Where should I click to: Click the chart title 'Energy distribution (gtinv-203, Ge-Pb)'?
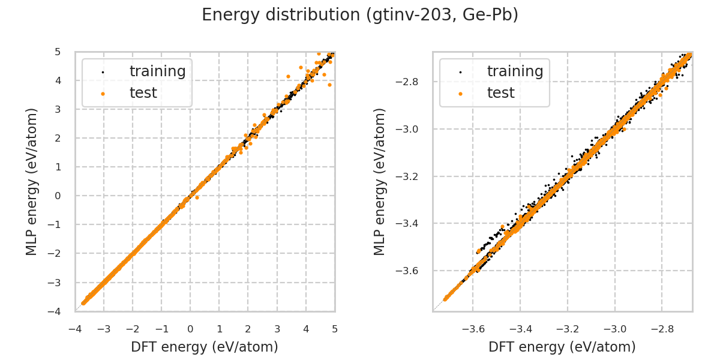coord(360,15)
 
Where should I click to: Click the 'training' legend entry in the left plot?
coord(157,71)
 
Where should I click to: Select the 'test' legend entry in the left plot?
coord(143,93)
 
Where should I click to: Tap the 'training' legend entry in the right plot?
coord(515,71)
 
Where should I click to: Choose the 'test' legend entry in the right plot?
coord(500,93)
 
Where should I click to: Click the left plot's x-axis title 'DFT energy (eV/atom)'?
coord(205,347)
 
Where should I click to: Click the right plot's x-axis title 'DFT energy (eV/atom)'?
coord(562,347)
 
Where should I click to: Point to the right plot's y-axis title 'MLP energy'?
coord(380,181)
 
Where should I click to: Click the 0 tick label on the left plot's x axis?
coord(190,329)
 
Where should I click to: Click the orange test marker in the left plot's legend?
coord(103,94)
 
